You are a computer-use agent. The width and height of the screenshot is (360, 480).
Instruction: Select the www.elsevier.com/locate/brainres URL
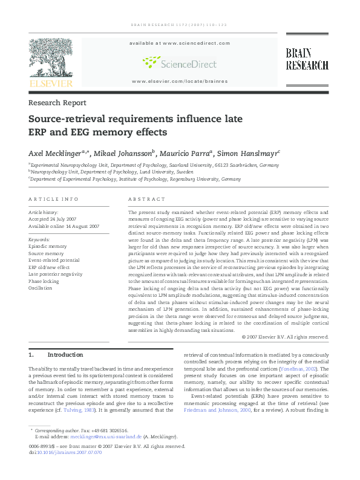pos(180,81)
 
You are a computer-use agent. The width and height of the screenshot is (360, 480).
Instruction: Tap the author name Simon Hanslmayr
pos(247,153)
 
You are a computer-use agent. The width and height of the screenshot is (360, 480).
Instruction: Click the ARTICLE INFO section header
pos(54,199)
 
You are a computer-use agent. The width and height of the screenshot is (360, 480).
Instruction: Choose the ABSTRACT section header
pos(146,199)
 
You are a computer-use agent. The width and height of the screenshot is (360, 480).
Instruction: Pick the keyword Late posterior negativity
pos(56,274)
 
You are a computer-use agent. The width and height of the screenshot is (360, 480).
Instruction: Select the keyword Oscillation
pos(41,288)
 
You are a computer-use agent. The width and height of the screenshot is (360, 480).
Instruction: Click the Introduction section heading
pos(65,355)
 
